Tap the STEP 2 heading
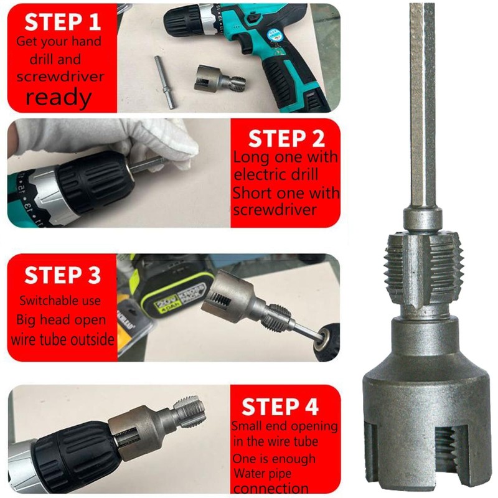click(286, 138)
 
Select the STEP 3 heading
click(62, 275)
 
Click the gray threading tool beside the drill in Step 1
click(218, 80)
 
